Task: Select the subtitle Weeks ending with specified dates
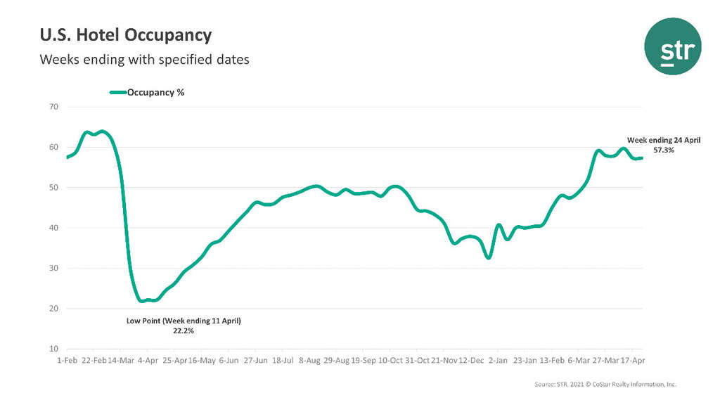[x=144, y=59]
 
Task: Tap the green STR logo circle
[x=672, y=46]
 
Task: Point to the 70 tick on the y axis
[x=53, y=107]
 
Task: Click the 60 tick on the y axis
[x=53, y=147]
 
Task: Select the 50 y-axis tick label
[x=53, y=188]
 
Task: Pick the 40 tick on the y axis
[x=53, y=228]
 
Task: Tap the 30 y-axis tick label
[x=53, y=269]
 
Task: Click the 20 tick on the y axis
[x=53, y=309]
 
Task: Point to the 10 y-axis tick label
[x=53, y=349]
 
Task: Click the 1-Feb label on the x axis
[x=67, y=360]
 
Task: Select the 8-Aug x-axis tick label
[x=310, y=360]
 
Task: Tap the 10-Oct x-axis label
[x=391, y=360]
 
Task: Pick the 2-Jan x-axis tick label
[x=499, y=360]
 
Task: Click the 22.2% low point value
[x=184, y=330]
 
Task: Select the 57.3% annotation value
[x=664, y=150]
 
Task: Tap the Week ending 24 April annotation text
[x=664, y=141]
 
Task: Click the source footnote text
[x=605, y=385]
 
